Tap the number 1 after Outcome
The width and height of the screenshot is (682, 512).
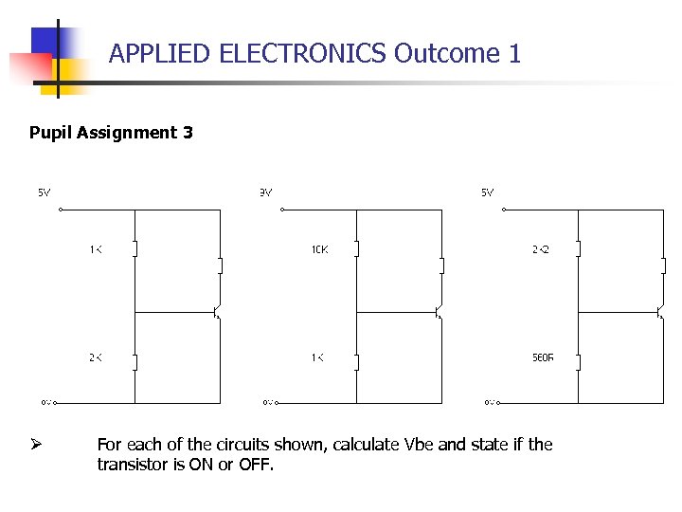tap(514, 53)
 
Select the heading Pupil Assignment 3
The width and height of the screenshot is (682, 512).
tap(111, 133)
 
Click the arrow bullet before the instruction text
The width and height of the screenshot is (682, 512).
tap(36, 444)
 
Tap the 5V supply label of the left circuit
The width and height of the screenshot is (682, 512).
tap(45, 192)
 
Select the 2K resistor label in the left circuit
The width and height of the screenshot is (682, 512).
tap(96, 357)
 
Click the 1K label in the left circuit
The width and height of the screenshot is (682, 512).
tap(96, 249)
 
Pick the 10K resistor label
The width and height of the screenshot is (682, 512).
tap(319, 249)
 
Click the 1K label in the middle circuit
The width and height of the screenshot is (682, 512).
tap(317, 357)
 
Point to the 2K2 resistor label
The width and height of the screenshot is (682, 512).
tap(541, 249)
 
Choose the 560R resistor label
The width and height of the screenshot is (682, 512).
tap(543, 357)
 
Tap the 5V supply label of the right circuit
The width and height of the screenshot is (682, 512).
tap(487, 192)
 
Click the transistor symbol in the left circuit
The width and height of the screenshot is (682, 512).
tap(217, 310)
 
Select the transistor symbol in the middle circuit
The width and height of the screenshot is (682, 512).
tap(439, 310)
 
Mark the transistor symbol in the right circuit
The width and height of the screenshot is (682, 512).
tap(660, 310)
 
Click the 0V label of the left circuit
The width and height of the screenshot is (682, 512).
tap(45, 402)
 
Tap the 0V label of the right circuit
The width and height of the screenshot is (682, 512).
tap(490, 402)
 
